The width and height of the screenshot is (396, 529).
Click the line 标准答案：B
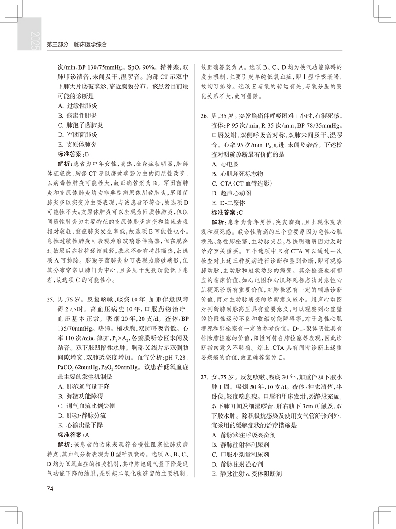[x=73, y=154]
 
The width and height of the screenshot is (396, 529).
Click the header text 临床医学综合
[x=91, y=44]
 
